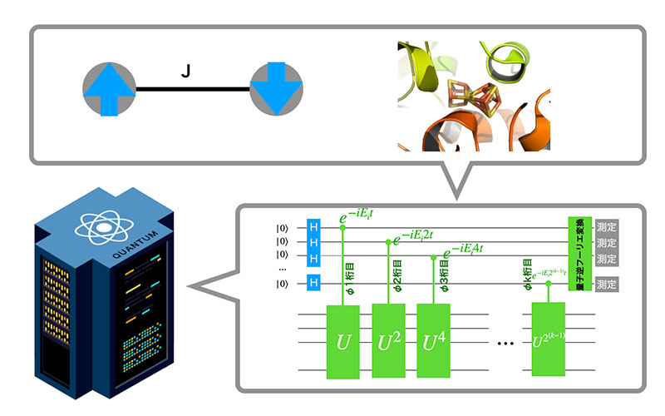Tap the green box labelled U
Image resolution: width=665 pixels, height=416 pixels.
(x=343, y=341)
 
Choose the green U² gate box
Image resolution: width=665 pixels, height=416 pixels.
(x=390, y=341)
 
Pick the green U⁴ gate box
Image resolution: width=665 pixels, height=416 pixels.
(x=434, y=341)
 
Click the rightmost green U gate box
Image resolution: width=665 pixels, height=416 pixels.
(x=549, y=341)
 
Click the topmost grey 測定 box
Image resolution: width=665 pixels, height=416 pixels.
(x=607, y=227)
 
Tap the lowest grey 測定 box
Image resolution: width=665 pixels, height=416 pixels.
(x=607, y=285)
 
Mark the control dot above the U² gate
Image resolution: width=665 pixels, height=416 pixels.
(x=389, y=241)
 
